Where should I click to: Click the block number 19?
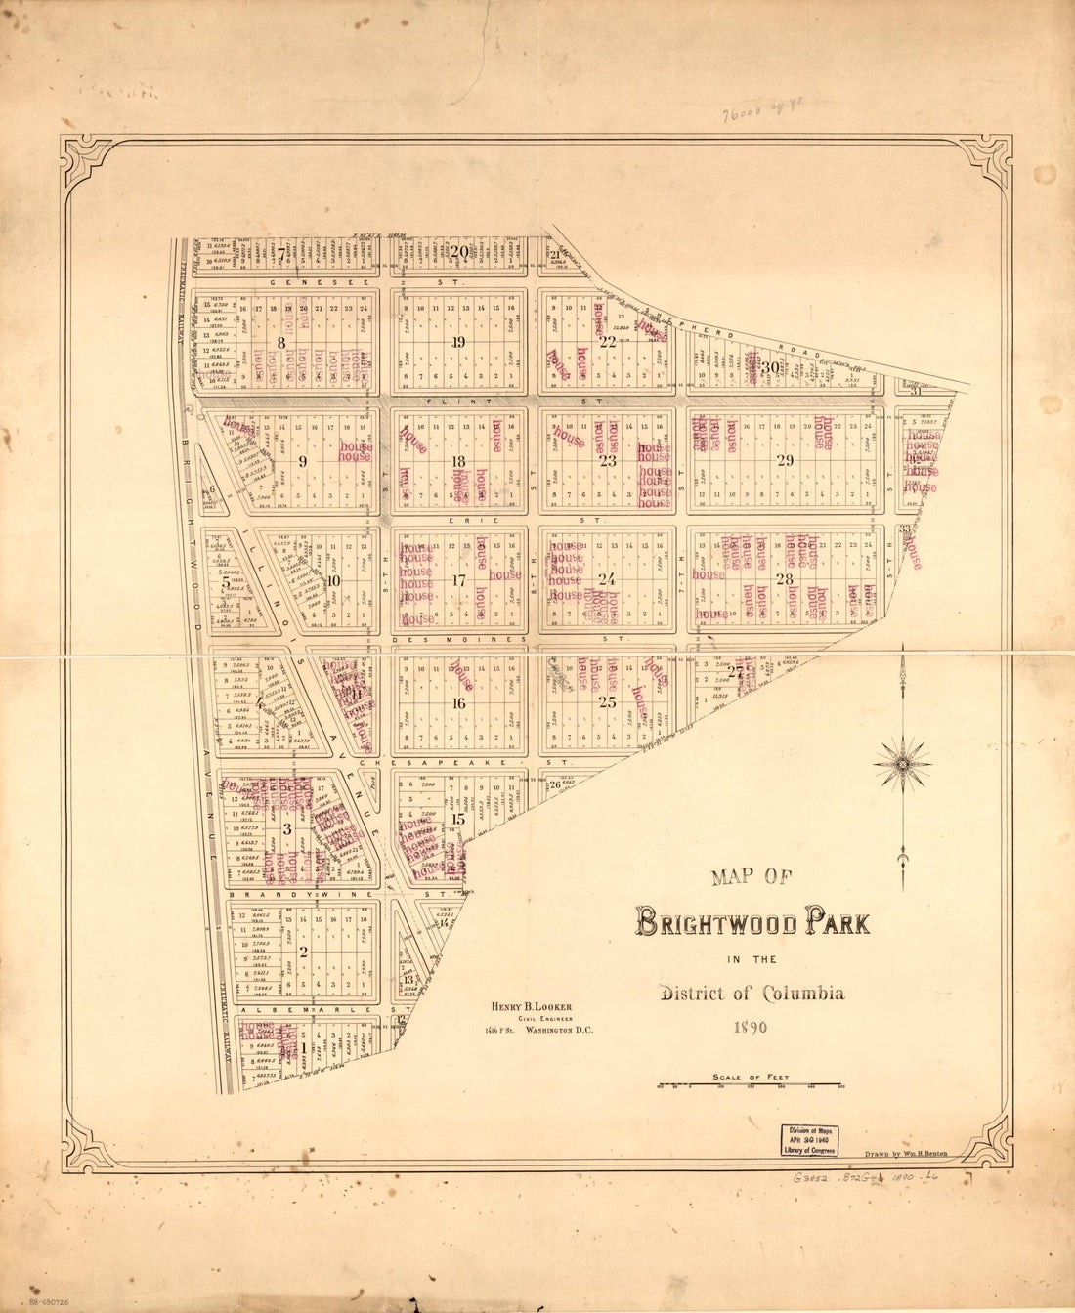tap(458, 342)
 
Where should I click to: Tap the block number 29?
tap(785, 461)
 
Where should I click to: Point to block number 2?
tap(304, 953)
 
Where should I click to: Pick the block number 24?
tap(607, 579)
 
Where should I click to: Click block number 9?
tap(303, 462)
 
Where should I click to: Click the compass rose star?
tap(902, 761)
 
